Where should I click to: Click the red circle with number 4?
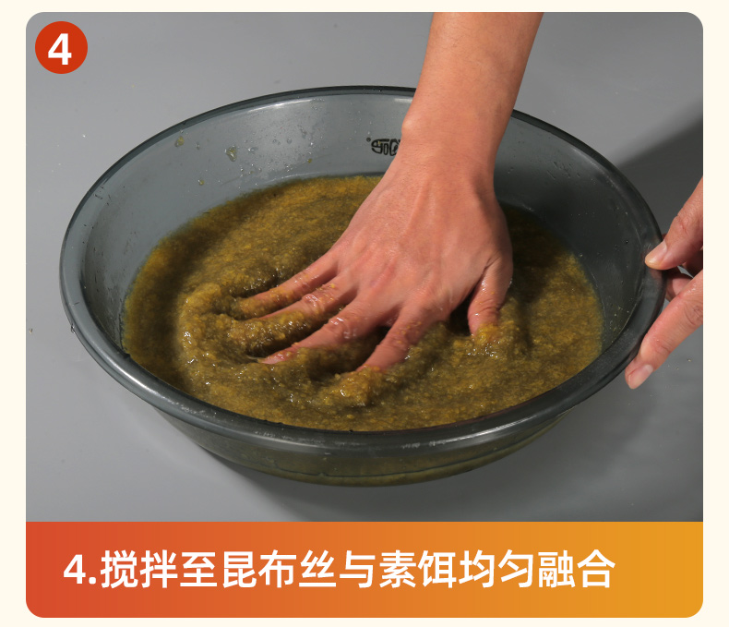[61, 47]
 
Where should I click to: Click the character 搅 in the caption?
[119, 569]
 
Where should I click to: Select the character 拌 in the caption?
[159, 569]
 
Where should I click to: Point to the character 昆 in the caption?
[239, 569]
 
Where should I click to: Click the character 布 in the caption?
[279, 569]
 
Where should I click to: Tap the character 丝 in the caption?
[318, 569]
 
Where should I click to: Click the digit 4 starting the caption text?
[75, 570]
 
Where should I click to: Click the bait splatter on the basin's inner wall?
[231, 152]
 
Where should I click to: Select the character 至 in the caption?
[199, 569]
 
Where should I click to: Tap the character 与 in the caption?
[358, 569]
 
